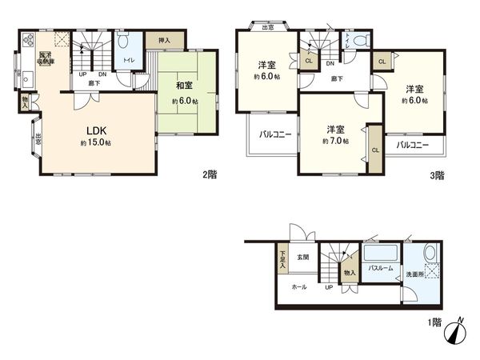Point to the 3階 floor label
pos(435,174)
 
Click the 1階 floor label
pos(434,322)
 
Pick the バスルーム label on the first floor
pos(380,269)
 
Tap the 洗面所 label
pos(421,274)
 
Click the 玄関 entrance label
pos(304,257)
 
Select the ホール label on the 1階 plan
pos(298,286)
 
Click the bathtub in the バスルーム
pos(379,255)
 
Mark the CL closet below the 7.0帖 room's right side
pos(374,149)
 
